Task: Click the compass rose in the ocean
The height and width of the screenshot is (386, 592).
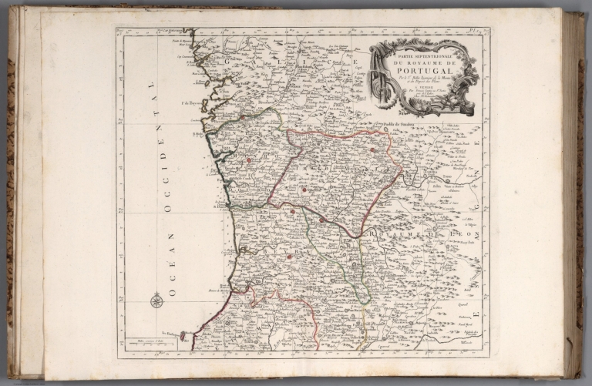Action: point(156,300)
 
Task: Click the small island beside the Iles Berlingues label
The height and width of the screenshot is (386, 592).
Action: point(182,336)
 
